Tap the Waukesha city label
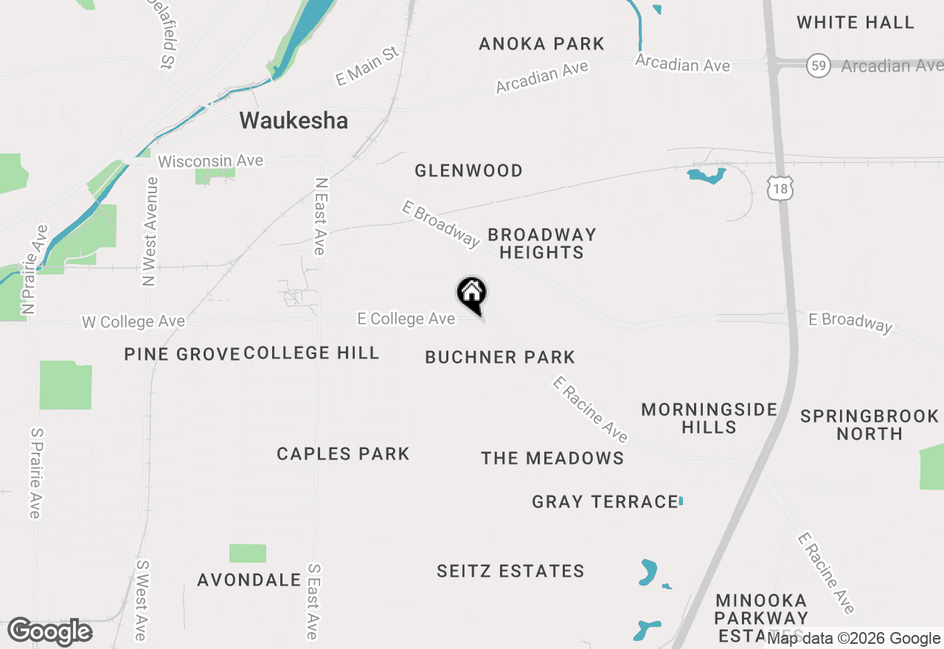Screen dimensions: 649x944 294,120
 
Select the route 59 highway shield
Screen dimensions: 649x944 817,66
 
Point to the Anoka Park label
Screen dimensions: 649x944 541,44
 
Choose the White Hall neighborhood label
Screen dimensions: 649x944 855,23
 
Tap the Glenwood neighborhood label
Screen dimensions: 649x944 468,171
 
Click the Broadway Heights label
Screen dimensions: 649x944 541,243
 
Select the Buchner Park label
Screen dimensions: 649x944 500,358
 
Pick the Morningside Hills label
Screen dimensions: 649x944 709,418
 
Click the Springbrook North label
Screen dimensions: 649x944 870,425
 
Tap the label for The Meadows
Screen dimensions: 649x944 552,459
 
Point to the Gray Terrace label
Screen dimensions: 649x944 605,502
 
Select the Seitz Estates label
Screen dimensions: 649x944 510,572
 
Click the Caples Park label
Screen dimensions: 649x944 343,454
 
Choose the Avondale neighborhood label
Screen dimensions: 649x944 249,580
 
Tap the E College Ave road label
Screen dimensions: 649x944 406,319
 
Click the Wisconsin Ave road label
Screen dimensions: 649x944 210,162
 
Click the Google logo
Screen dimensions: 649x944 49,632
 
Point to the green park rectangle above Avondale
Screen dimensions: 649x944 247,553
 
